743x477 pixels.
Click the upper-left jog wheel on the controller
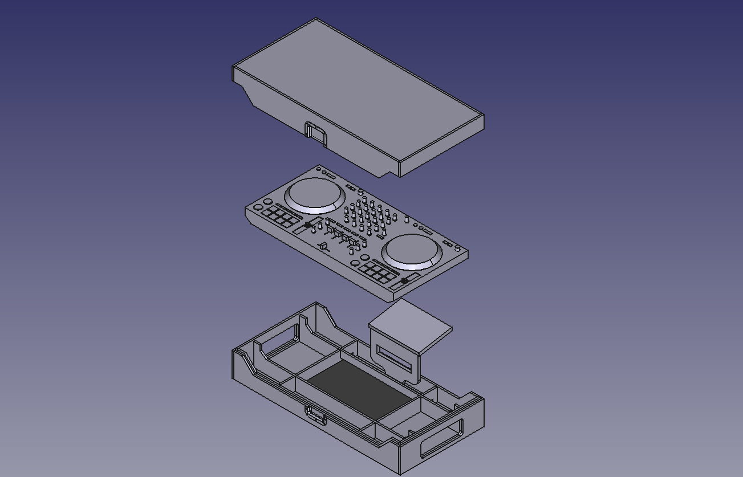click(315, 193)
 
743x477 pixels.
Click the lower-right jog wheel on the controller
click(412, 250)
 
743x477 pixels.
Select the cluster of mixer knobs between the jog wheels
click(368, 216)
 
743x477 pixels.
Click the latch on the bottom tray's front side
click(316, 415)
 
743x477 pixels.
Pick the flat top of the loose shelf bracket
click(411, 319)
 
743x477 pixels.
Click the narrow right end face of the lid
click(441, 146)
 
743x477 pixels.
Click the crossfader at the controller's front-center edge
click(323, 246)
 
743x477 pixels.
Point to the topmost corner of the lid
click(316, 19)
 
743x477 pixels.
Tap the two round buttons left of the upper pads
click(263, 205)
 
